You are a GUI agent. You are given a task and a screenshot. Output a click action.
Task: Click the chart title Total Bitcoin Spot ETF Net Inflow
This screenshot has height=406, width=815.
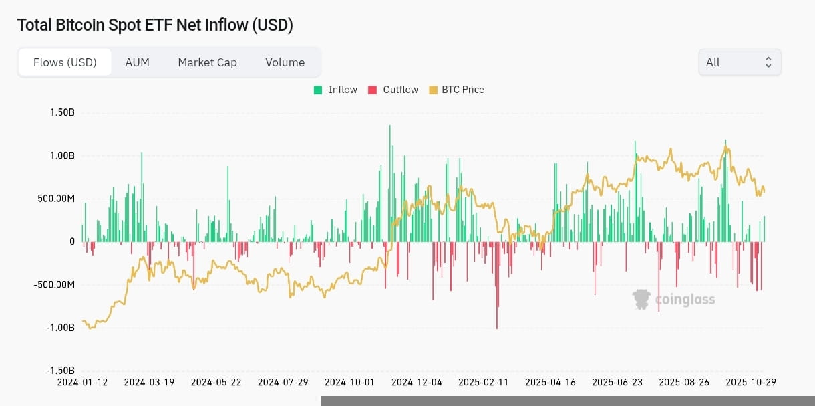155,25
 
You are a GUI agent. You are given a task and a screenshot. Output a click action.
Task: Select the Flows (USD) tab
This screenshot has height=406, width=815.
65,62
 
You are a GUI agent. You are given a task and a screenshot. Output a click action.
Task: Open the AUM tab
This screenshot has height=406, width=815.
137,62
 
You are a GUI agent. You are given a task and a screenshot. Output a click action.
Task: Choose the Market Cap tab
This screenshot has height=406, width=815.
207,62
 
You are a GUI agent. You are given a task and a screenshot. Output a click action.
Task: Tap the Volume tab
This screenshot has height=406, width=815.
285,62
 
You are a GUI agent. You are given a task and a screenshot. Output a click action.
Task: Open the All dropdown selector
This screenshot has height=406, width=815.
740,62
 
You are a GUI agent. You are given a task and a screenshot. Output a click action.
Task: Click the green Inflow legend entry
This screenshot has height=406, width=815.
335,90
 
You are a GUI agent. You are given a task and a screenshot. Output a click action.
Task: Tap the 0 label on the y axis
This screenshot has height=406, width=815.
72,241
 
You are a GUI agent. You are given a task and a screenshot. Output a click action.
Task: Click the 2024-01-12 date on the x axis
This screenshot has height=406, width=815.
83,382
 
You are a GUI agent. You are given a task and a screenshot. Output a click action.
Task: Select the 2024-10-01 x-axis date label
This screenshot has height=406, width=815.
349,382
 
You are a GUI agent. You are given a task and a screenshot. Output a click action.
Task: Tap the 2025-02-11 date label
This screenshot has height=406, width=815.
483,382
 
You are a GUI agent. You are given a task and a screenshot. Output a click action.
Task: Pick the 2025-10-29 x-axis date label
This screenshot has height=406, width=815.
750,382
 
